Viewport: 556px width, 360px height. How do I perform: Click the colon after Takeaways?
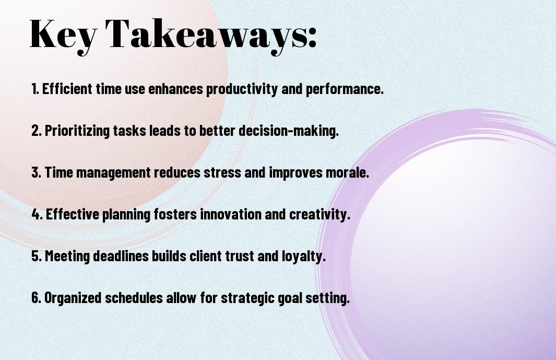click(312, 38)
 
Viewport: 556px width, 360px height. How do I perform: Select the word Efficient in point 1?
click(67, 88)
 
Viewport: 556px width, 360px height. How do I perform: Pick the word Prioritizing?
click(77, 131)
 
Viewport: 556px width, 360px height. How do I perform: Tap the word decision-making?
click(288, 131)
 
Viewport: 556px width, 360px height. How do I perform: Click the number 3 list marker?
click(37, 172)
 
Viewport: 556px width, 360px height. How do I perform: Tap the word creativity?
click(320, 215)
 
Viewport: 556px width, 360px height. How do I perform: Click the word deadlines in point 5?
click(121, 256)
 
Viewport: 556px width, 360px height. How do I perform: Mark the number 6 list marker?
click(37, 298)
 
